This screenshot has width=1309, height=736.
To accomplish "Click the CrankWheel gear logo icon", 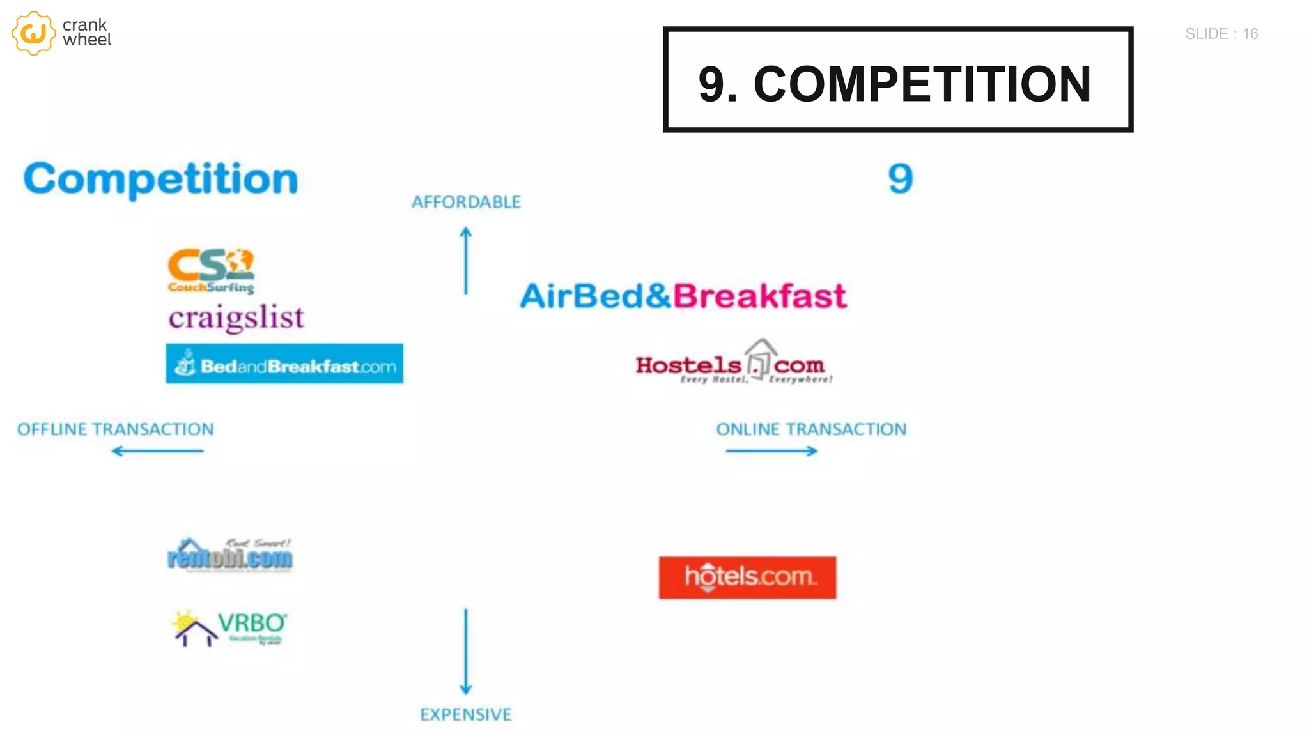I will (33, 33).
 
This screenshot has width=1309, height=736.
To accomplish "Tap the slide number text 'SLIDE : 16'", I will (1221, 34).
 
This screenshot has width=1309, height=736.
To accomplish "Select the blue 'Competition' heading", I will (160, 179).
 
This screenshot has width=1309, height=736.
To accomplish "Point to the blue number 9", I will (900, 179).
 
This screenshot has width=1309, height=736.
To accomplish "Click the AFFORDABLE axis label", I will (466, 203).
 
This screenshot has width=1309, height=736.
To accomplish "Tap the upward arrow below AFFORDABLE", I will (466, 261).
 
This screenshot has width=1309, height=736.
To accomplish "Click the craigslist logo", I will (236, 318).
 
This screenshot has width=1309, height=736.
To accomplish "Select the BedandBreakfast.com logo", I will (284, 364).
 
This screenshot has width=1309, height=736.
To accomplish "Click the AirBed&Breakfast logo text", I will (683, 296).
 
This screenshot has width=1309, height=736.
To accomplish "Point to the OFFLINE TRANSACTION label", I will (116, 429).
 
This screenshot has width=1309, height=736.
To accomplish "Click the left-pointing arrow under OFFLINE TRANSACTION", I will (157, 451).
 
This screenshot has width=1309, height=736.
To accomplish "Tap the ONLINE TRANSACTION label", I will (811, 429).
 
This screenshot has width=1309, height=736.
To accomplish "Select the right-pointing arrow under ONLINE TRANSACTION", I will (771, 451).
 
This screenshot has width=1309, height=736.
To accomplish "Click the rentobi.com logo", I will (230, 556).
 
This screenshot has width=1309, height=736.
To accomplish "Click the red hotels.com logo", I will (747, 578).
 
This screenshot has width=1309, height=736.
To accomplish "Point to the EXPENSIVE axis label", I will (466, 714).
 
